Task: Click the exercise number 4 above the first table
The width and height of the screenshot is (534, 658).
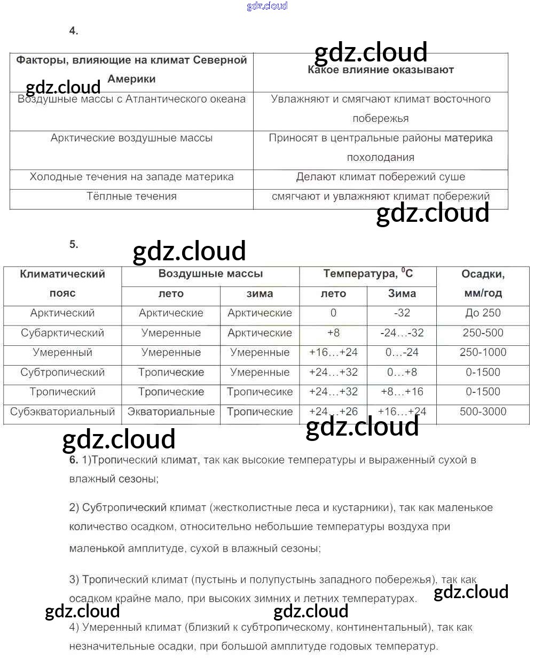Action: [x=74, y=31]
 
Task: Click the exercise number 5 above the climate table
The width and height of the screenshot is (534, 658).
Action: [x=74, y=245]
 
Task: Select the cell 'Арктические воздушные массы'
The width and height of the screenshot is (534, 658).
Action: [x=131, y=138]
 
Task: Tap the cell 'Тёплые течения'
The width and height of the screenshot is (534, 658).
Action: [x=131, y=196]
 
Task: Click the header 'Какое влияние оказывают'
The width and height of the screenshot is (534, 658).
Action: [x=381, y=69]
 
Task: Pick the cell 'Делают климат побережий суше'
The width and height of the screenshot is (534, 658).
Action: [x=381, y=177]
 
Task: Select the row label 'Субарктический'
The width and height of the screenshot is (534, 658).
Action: [x=62, y=333]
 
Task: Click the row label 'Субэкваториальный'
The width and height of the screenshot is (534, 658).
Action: [x=62, y=412]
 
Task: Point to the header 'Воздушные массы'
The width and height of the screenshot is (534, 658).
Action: [x=210, y=274]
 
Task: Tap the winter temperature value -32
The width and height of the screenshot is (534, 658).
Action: [x=402, y=313]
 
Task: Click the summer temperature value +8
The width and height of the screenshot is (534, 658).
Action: [x=333, y=333]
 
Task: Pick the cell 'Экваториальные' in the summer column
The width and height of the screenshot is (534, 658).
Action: [x=171, y=412]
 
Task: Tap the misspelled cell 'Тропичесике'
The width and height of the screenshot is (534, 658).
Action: [x=260, y=392]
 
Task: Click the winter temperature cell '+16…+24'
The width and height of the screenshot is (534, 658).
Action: [x=402, y=412]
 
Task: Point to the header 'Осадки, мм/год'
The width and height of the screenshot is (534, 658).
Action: [x=483, y=283]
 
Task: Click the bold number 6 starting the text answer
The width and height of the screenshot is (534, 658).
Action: [x=74, y=460]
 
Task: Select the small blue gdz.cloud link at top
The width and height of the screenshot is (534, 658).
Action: [x=267, y=6]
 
